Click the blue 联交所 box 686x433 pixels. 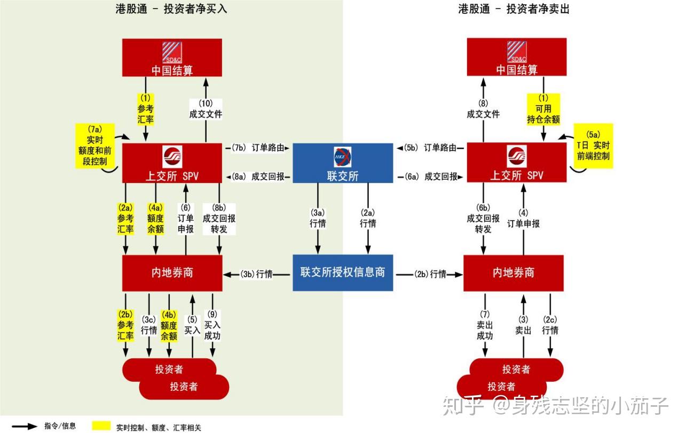[x=342, y=163]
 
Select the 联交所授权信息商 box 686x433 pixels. [x=342, y=273]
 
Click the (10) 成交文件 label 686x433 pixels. [x=206, y=109]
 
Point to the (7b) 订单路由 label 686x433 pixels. [x=260, y=148]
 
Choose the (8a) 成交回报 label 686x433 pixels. [x=260, y=177]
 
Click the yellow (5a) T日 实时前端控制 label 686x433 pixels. [x=593, y=146]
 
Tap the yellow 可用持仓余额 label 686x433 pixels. [x=543, y=109]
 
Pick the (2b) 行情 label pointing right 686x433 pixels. [x=430, y=274]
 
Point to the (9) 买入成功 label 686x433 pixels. [x=212, y=325]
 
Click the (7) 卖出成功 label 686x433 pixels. [x=485, y=325]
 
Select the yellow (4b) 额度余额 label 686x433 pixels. [x=169, y=325]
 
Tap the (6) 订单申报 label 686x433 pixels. [x=186, y=219]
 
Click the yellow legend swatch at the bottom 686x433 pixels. [x=101, y=426]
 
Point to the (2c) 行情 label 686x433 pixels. [x=550, y=325]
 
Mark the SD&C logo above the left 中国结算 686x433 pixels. [x=172, y=52]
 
